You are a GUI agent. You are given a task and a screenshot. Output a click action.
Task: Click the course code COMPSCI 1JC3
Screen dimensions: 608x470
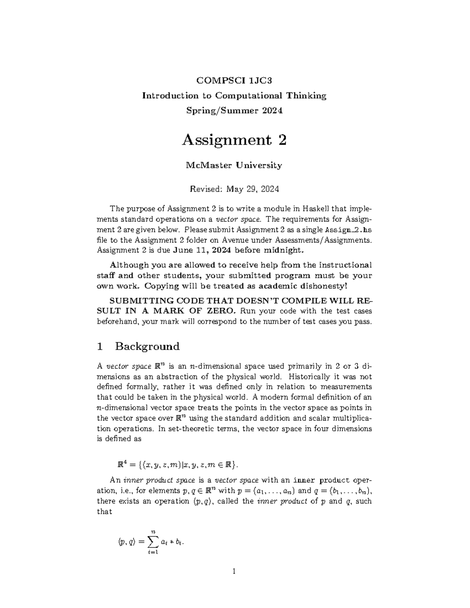pos(234,81)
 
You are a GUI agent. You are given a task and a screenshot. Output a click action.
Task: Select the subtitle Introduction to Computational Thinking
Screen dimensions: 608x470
pos(234,96)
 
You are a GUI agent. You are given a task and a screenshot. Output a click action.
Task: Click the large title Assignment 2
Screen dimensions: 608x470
pos(234,140)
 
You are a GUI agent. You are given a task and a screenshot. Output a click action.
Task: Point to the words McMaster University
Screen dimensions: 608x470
pos(234,165)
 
